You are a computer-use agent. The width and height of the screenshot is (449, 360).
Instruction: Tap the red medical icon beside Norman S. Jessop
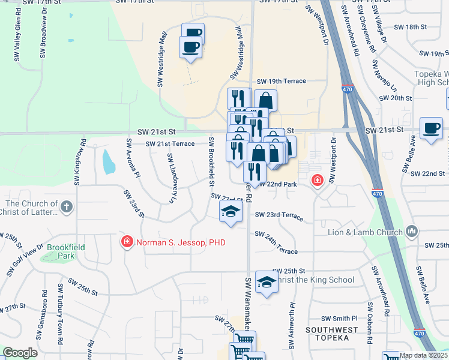click(x=127, y=242)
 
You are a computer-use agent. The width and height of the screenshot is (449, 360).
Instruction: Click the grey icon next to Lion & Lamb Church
click(x=412, y=231)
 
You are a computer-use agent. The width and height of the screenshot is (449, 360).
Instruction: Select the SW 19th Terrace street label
click(x=282, y=81)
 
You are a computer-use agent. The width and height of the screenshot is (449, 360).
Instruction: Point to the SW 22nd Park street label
click(x=278, y=184)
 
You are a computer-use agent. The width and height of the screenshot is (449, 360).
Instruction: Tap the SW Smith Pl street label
click(x=339, y=319)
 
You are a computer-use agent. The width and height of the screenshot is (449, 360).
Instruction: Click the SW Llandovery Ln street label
click(x=170, y=173)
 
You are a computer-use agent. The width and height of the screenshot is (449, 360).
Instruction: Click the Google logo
click(x=20, y=353)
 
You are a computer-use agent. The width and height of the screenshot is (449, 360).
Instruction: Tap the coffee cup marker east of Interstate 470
click(x=431, y=128)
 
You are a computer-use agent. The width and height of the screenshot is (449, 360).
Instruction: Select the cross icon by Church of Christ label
click(x=67, y=206)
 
